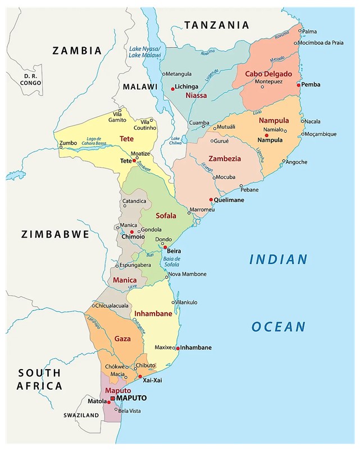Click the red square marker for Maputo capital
[113, 398]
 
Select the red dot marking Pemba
[299, 84]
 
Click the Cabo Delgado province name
[268, 74]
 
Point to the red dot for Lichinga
[172, 88]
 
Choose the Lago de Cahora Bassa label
[97, 142]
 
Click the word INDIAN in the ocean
[279, 259]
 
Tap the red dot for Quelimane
[211, 199]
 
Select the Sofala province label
[166, 216]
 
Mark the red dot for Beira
[165, 247]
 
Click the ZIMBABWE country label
[56, 234]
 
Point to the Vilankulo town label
[187, 302]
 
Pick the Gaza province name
[122, 339]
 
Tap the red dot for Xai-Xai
[140, 376]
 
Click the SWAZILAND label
[81, 415]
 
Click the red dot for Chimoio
[132, 231]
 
